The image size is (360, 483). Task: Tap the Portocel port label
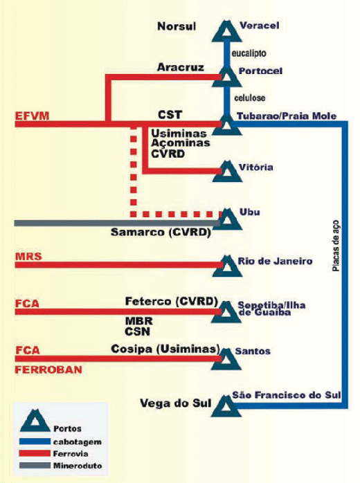pyautogui.click(x=260, y=71)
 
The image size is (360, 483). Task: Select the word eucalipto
pyautogui.click(x=249, y=53)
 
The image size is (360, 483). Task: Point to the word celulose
pyautogui.click(x=250, y=98)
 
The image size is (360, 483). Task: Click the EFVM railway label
pyautogui.click(x=32, y=116)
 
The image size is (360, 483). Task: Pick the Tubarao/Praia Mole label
pyautogui.click(x=287, y=116)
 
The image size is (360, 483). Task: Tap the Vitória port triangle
pyautogui.click(x=227, y=172)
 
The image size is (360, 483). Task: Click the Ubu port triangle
pyautogui.click(x=227, y=219)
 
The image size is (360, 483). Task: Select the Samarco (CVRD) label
pyautogui.click(x=161, y=233)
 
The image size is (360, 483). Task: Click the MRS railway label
pyautogui.click(x=28, y=256)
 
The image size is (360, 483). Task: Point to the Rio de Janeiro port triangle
pyautogui.click(x=227, y=266)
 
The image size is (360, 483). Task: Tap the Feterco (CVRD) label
pyautogui.click(x=172, y=301)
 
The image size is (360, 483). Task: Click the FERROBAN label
pyautogui.click(x=48, y=370)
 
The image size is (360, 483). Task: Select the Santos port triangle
pyautogui.click(x=226, y=359)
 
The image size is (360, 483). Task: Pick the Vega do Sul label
pyautogui.click(x=176, y=403)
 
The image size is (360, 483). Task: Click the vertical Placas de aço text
pyautogui.click(x=336, y=246)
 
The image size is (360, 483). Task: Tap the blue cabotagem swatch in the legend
pyautogui.click(x=35, y=441)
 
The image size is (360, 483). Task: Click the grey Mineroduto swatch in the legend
pyautogui.click(x=35, y=466)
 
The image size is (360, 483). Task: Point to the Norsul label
pyautogui.click(x=177, y=26)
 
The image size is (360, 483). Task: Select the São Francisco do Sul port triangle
pyautogui.click(x=226, y=406)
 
